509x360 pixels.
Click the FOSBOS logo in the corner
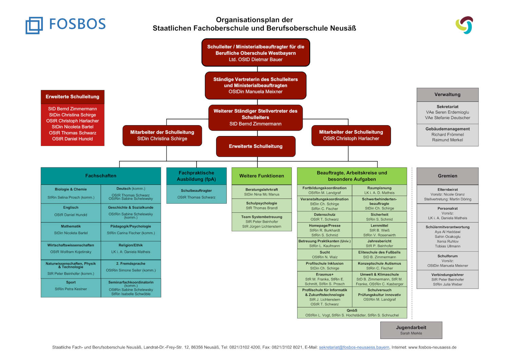point(66,25)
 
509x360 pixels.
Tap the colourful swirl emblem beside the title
point(464,25)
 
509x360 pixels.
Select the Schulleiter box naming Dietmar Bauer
point(256,53)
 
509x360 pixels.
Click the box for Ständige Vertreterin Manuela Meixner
point(256,85)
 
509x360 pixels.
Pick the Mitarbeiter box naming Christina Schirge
point(162,135)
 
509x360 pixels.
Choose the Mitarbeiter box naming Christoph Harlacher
point(351,135)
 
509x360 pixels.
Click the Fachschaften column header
point(101,176)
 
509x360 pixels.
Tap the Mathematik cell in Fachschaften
point(71,230)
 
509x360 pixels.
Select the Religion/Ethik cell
point(131,249)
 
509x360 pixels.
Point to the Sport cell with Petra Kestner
point(71,286)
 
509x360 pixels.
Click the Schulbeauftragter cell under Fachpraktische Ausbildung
point(196,194)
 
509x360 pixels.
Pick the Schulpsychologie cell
point(262,206)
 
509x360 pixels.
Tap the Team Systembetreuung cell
point(262,222)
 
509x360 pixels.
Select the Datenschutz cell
point(324,217)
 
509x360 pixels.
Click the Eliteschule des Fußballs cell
point(379,254)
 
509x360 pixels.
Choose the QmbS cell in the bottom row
point(352,313)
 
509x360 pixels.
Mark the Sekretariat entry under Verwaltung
point(448,112)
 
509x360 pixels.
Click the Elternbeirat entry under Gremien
point(448,194)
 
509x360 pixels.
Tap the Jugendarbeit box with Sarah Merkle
point(411,330)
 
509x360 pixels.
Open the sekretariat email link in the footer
point(354,347)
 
